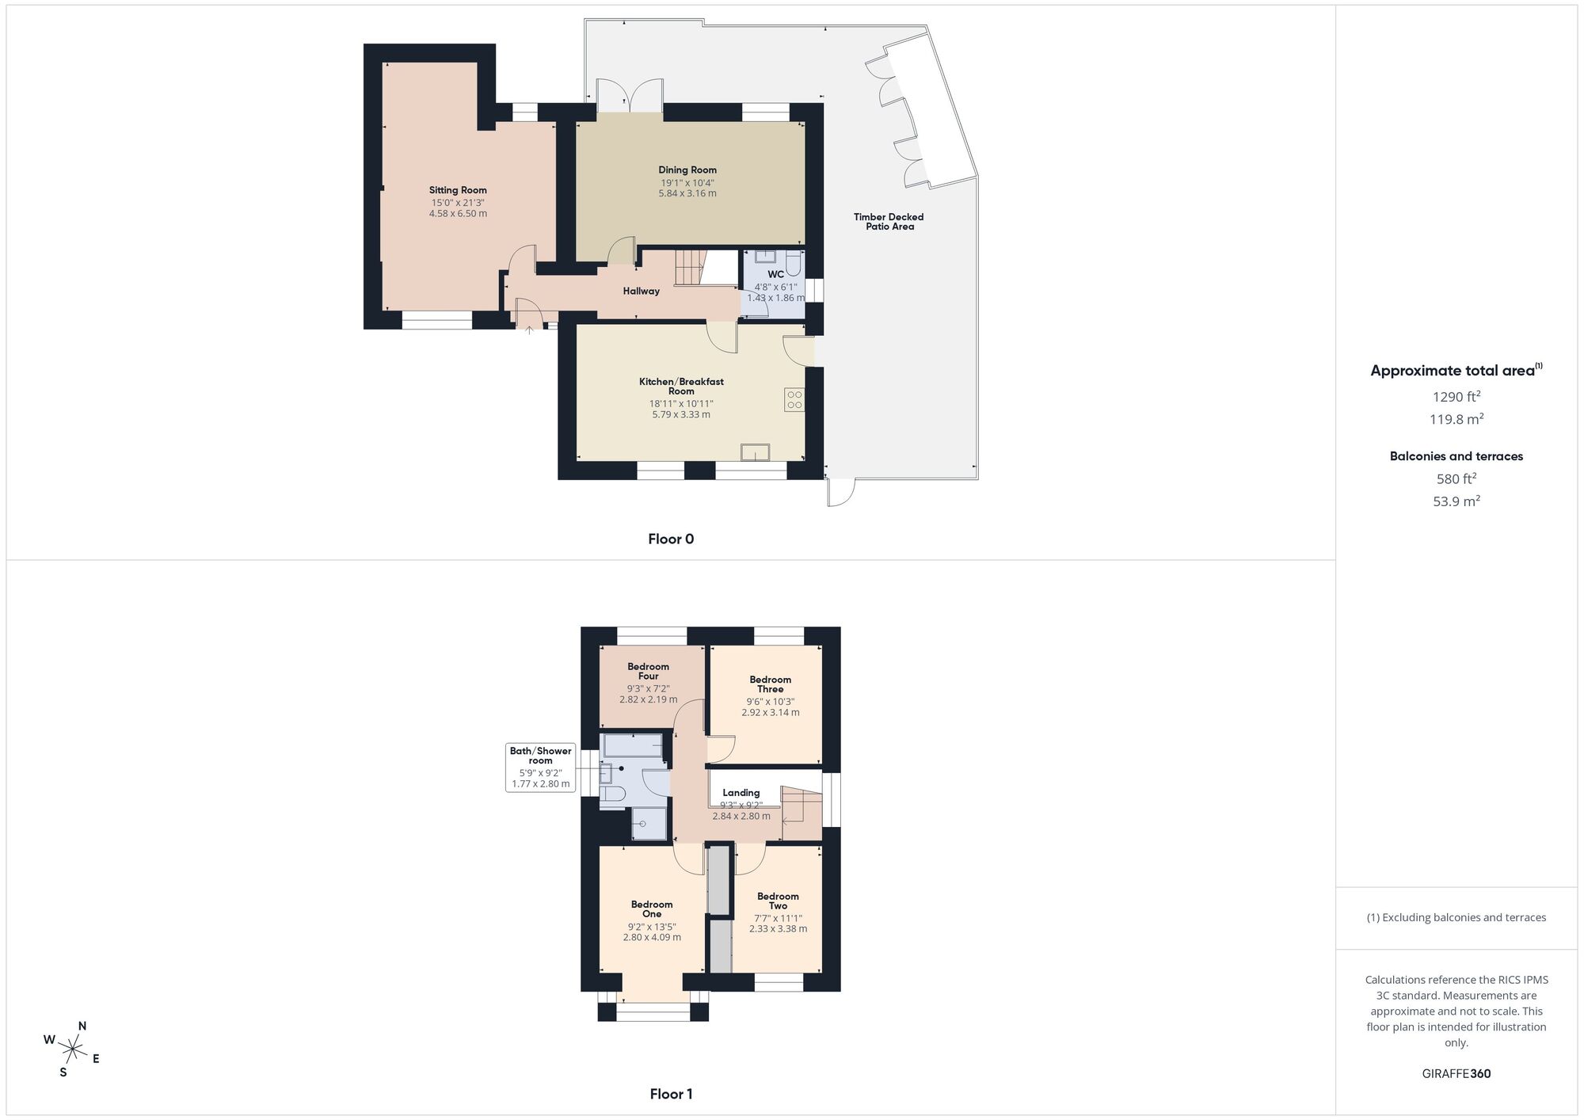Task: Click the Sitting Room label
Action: pos(458,190)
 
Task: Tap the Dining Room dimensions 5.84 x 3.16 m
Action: pos(687,193)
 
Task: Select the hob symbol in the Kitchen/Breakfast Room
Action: pos(794,400)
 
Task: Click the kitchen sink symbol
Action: pos(755,452)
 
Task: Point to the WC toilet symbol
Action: pos(794,263)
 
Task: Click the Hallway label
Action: pos(641,291)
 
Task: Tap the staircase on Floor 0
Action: pos(689,268)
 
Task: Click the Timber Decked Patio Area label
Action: pos(889,222)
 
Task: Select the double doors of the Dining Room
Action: pos(630,97)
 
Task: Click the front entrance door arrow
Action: pos(529,330)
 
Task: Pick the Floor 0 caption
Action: pos(671,539)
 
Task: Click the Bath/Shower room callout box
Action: pos(540,767)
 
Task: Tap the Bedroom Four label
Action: pos(648,672)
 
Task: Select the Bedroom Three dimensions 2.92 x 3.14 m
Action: pos(770,713)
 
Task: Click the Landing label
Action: pos(741,793)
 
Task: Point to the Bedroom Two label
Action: pos(778,901)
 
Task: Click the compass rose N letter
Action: pos(82,1027)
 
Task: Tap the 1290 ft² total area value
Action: pos(1456,397)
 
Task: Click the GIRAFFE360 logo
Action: pos(1456,1074)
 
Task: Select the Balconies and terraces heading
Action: pos(1456,456)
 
